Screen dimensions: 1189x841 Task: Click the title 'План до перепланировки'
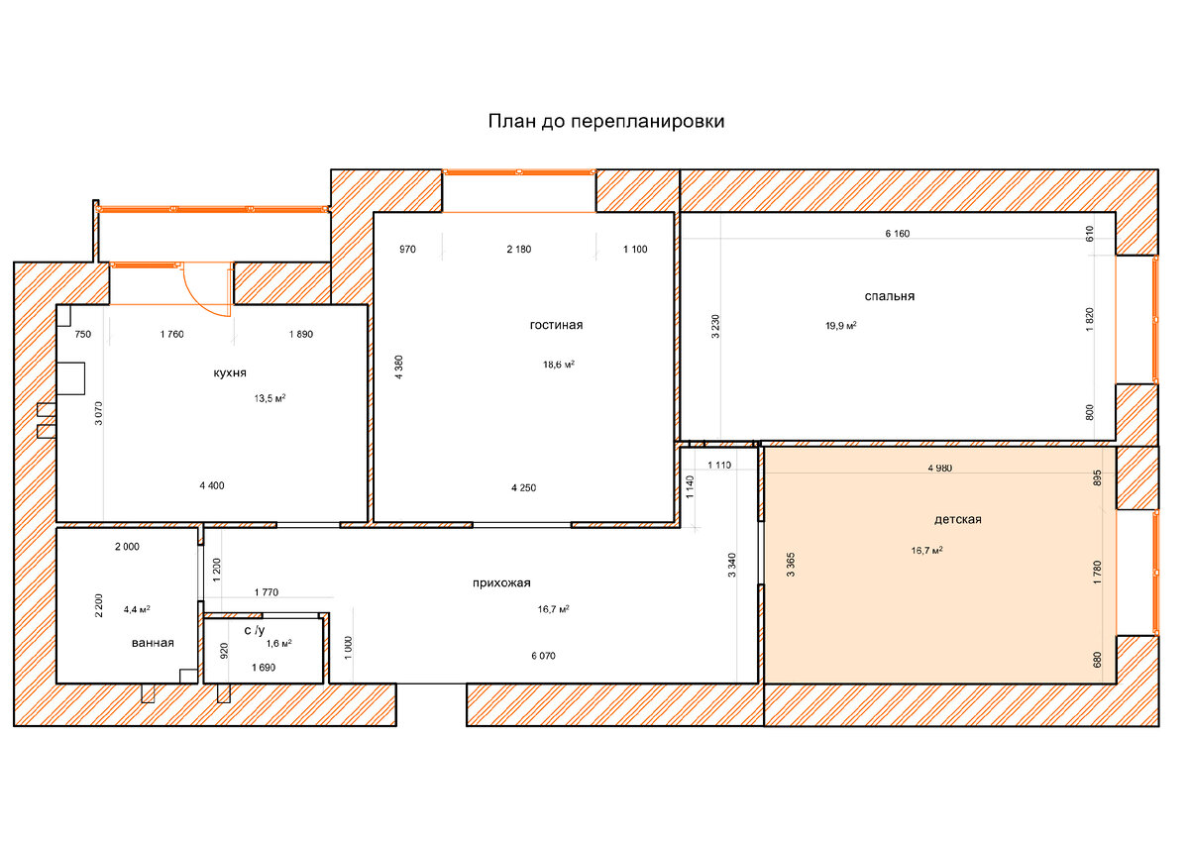click(x=606, y=122)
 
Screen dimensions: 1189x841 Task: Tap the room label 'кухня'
click(x=230, y=373)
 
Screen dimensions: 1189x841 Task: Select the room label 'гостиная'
click(x=556, y=325)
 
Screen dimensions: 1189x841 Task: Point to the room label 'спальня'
click(x=890, y=296)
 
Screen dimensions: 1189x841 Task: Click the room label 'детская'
click(x=957, y=519)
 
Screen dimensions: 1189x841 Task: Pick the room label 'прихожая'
click(x=501, y=583)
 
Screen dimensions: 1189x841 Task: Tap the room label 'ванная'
click(x=153, y=643)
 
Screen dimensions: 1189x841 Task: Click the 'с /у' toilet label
click(x=255, y=630)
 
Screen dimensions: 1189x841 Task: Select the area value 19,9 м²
click(x=841, y=325)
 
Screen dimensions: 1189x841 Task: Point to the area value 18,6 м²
click(x=559, y=365)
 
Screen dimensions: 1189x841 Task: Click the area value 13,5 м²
click(x=270, y=398)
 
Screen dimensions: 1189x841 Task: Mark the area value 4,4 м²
click(x=137, y=609)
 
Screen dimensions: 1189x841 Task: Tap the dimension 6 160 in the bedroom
click(x=898, y=234)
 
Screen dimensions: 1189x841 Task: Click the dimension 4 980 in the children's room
click(x=939, y=468)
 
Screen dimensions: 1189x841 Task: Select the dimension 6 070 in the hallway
click(x=544, y=656)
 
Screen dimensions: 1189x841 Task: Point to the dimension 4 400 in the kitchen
click(x=212, y=485)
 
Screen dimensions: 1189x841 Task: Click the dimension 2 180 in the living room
click(x=518, y=250)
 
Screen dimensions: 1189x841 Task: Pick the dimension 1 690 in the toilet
click(x=264, y=668)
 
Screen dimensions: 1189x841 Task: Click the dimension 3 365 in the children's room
click(x=791, y=565)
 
